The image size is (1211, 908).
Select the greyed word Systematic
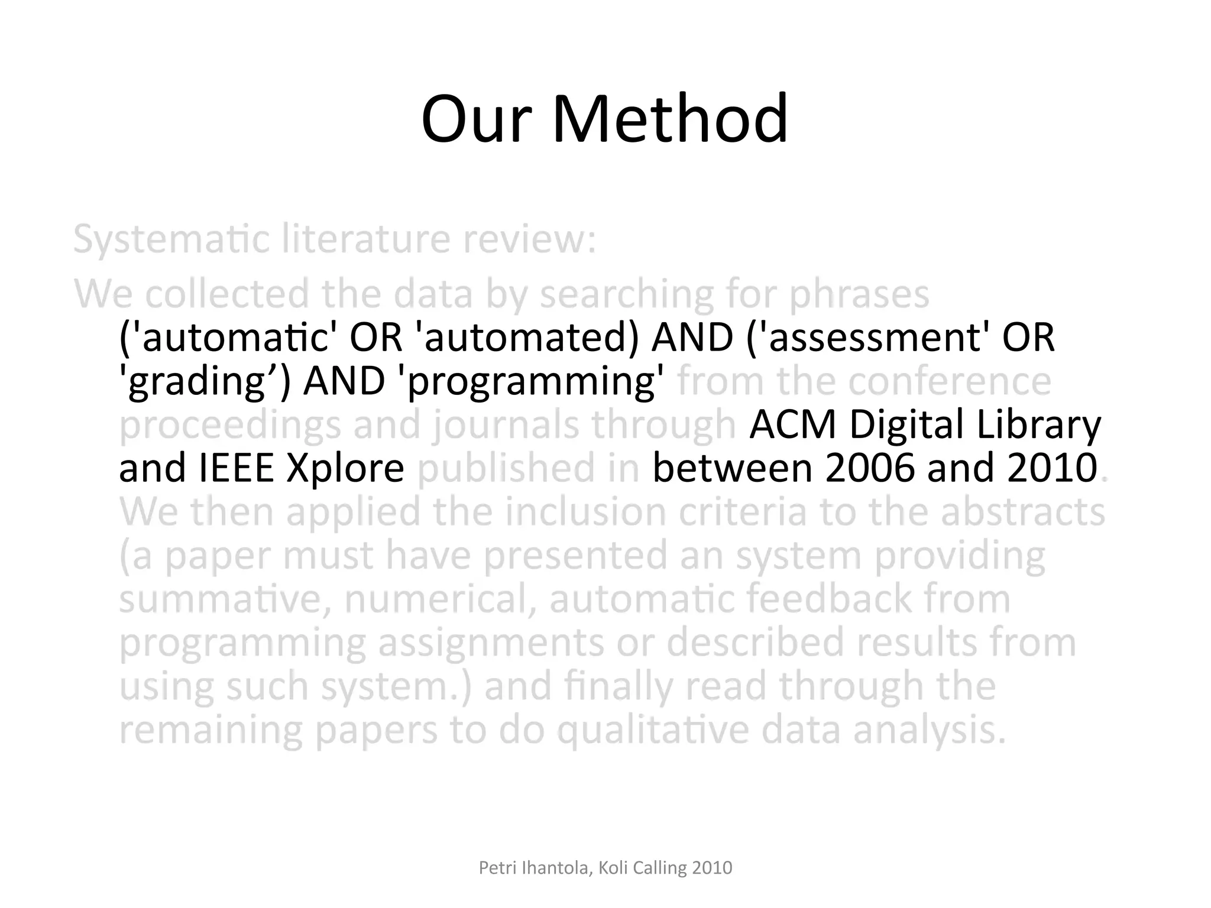click(x=171, y=239)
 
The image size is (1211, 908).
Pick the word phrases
click(x=860, y=294)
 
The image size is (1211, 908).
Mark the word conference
click(x=950, y=381)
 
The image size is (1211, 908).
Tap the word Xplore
click(x=344, y=469)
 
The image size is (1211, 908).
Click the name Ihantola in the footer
click(x=555, y=868)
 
